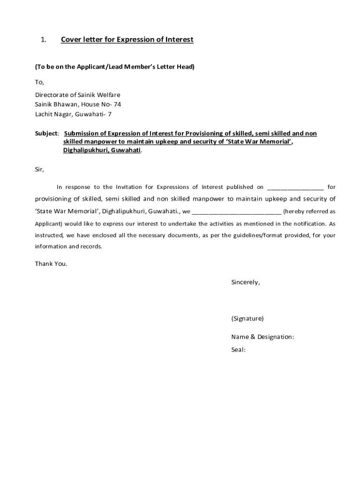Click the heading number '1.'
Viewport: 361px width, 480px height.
(x=43, y=40)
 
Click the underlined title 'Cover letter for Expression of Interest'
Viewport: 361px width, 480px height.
(x=127, y=40)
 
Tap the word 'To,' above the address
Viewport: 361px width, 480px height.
(x=39, y=82)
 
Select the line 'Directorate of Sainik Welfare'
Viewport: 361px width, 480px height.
(x=77, y=95)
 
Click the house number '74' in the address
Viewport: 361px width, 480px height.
(x=117, y=105)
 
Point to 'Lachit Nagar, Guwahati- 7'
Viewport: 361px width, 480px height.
(x=73, y=114)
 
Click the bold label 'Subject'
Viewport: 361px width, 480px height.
(x=46, y=134)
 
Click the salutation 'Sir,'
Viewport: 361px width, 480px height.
(x=39, y=169)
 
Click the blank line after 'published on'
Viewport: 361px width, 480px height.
(x=295, y=187)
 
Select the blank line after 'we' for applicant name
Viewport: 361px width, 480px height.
(x=236, y=211)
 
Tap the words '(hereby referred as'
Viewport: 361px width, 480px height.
(x=309, y=211)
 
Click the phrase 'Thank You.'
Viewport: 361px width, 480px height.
(x=51, y=263)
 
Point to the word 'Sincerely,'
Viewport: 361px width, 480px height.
(x=245, y=282)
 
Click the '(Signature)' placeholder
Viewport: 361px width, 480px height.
(x=247, y=319)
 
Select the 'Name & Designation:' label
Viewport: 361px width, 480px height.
(x=263, y=337)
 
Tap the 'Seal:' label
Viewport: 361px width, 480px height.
(x=238, y=349)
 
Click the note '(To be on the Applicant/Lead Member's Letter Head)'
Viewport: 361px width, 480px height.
(x=114, y=67)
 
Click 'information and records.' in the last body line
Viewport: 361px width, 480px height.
(x=68, y=247)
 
